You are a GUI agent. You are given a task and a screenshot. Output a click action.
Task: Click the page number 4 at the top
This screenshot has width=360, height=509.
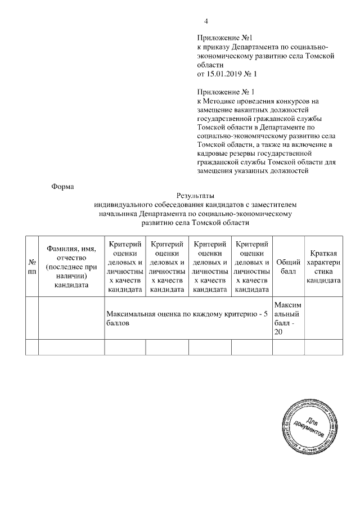click(206, 21)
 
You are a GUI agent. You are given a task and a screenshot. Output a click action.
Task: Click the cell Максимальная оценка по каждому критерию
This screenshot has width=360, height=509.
click(188, 318)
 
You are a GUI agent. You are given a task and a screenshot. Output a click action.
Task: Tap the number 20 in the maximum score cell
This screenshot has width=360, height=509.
click(278, 332)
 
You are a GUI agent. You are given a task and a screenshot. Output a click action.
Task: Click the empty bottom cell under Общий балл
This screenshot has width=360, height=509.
click(288, 347)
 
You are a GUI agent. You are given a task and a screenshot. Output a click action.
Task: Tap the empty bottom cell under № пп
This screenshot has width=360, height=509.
click(31, 347)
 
